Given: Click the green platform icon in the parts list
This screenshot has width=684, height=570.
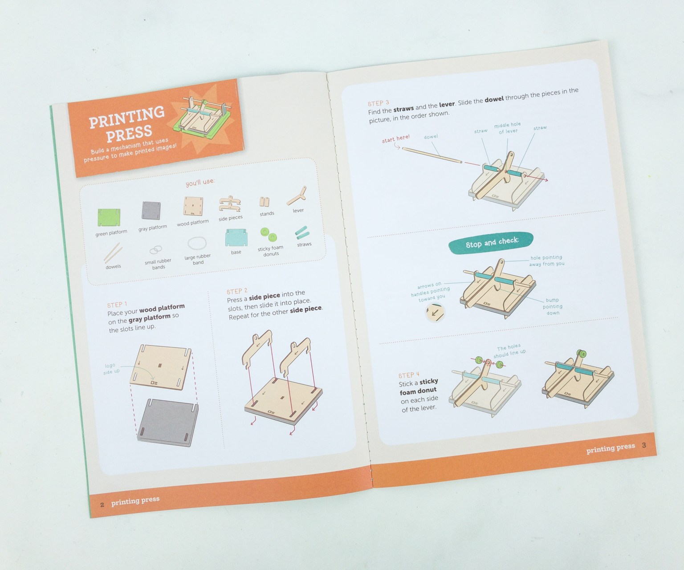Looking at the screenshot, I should coord(109,217).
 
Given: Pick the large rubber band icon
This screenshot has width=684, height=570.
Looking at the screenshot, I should coord(197,244).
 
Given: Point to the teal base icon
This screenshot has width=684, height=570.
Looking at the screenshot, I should coord(236,237).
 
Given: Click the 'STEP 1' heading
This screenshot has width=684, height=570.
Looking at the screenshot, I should coord(117,305).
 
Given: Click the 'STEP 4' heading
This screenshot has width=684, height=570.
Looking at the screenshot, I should coord(409,375).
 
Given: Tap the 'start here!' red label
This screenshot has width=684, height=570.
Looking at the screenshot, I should coord(395,139).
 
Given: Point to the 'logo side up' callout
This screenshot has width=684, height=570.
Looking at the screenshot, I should coord(110,369).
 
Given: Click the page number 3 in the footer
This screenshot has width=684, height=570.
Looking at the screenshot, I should coord(643,445).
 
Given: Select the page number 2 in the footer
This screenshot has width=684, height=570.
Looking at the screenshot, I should coord(102,505).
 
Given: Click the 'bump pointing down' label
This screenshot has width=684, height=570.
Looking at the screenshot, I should coord(552,306).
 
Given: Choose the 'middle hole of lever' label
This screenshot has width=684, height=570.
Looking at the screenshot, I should coord(507,128).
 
